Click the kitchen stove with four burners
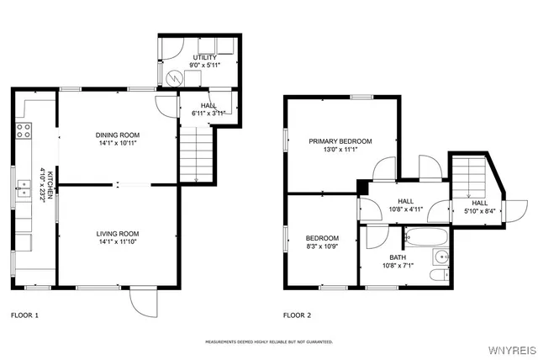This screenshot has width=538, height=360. [24, 130]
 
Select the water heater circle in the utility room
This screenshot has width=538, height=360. [176, 78]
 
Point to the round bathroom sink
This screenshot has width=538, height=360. [440, 256]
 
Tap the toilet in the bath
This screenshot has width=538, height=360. [439, 275]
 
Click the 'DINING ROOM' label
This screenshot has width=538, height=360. [117, 135]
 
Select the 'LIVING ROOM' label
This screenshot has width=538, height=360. [117, 233]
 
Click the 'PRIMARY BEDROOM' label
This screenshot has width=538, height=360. [340, 141]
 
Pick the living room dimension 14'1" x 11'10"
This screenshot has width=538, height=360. [117, 243]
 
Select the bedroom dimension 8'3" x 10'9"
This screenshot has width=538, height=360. [322, 248]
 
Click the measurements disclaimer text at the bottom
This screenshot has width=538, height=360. [269, 342]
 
